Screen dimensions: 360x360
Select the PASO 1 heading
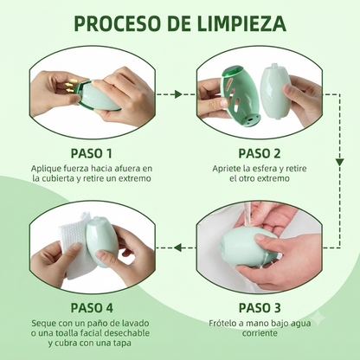(x=92, y=153)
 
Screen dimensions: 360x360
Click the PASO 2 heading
(x=260, y=153)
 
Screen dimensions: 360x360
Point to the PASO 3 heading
(x=260, y=308)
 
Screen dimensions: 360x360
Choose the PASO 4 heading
(x=92, y=308)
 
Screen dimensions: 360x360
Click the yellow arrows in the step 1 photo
(x=70, y=84)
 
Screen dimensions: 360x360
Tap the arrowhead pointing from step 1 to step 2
(x=178, y=94)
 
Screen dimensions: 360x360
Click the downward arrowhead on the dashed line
(x=340, y=162)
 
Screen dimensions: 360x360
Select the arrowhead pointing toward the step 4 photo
(x=177, y=247)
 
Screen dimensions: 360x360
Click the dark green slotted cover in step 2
(x=240, y=96)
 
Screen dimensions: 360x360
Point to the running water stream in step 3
(x=247, y=215)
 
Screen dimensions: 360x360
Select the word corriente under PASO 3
(x=260, y=333)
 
